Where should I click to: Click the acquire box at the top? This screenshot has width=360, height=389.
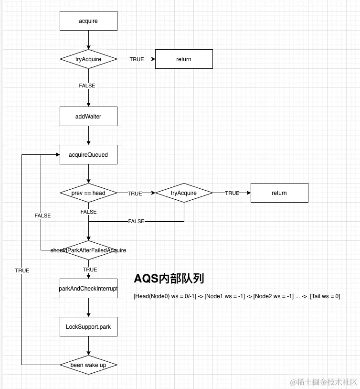[x=88, y=21]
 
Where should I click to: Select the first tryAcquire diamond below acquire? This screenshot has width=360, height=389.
[x=88, y=59]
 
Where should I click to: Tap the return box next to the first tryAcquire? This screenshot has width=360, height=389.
[x=184, y=59]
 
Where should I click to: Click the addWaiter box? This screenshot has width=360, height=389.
[x=88, y=116]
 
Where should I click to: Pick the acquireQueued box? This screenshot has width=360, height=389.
[x=88, y=155]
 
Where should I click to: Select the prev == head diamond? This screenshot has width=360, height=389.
[x=88, y=193]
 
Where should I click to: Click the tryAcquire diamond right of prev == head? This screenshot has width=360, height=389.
[x=184, y=193]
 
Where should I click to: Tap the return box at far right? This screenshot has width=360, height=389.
[x=279, y=193]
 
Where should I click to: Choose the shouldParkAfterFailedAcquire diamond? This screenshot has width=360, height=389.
[x=88, y=250]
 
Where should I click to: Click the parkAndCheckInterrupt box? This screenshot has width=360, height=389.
[x=88, y=289]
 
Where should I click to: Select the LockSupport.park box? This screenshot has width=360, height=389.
[x=88, y=327]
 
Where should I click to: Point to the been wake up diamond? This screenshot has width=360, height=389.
[x=88, y=365]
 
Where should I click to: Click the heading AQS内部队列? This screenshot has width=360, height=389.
[x=169, y=279]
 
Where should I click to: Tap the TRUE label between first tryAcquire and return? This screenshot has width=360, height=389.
[x=137, y=59]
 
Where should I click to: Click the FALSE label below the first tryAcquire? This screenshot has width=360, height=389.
[x=87, y=86]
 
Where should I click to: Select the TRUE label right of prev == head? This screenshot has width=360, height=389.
[x=135, y=194]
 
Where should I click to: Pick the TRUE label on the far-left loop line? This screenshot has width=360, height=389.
[x=22, y=270]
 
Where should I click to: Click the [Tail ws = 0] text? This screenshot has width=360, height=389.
[x=325, y=296]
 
